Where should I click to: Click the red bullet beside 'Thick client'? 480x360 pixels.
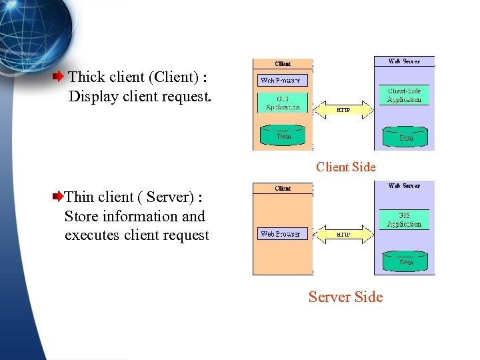tap(59, 77)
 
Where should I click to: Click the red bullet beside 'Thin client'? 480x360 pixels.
tap(58, 197)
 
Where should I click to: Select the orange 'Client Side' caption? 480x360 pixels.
tap(345, 167)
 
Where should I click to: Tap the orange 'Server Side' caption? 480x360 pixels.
tap(345, 297)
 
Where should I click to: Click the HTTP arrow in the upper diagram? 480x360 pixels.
tap(343, 109)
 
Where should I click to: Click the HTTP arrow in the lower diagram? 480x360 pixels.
tap(343, 234)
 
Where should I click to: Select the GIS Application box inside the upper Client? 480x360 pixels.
tap(283, 103)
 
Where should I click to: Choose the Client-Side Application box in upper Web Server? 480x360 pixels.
tap(405, 95)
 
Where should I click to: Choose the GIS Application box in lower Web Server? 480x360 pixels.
tap(405, 220)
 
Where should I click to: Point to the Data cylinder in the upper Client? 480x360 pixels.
tap(283, 135)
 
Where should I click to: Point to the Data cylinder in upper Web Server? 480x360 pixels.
tap(405, 137)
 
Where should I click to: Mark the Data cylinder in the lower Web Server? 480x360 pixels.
tap(405, 261)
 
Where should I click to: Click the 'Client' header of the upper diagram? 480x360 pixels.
tap(283, 64)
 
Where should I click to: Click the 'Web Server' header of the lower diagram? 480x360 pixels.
tap(404, 186)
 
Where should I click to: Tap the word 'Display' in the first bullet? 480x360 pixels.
tap(92, 97)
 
